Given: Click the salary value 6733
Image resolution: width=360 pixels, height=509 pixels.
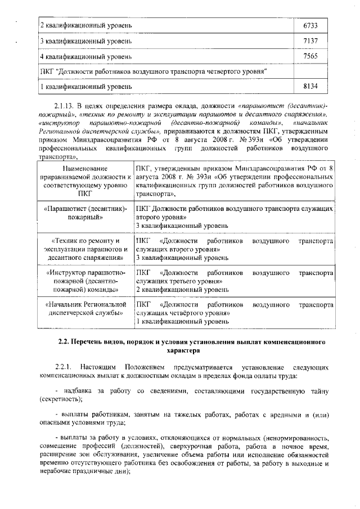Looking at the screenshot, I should (x=310, y=26).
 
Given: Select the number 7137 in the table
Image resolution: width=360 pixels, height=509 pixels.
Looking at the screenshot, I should (x=310, y=41).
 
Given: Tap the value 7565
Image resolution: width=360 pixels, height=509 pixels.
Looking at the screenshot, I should (x=310, y=56).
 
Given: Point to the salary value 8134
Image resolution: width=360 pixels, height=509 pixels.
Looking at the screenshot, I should (x=310, y=87).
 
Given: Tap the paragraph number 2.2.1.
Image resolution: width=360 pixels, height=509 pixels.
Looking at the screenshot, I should (x=65, y=367).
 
